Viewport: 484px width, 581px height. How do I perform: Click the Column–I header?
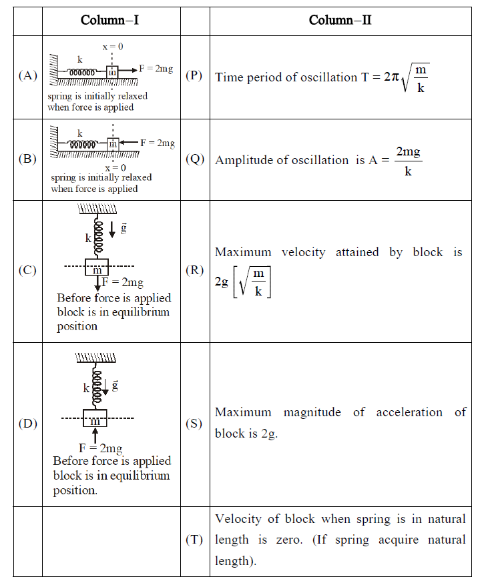tap(110, 20)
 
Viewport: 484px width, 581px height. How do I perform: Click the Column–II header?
tap(340, 20)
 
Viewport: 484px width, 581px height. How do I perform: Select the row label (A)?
tap(27, 75)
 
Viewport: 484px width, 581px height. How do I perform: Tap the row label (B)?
tap(27, 159)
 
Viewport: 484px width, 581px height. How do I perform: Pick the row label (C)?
tap(27, 270)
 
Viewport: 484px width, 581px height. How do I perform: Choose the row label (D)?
tap(27, 424)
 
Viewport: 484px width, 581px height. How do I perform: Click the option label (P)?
tap(194, 75)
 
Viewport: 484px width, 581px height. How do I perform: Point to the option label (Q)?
tap(194, 159)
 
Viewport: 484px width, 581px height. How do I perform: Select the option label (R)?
tap(194, 270)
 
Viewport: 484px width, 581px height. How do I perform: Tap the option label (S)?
tap(194, 424)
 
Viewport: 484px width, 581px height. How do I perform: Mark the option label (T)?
tap(194, 540)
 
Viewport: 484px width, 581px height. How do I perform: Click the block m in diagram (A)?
tap(111, 72)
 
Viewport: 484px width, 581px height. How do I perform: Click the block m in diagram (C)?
tap(97, 268)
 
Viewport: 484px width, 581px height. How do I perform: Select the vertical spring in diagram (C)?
tap(98, 237)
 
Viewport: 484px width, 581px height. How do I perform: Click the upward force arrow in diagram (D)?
tap(95, 435)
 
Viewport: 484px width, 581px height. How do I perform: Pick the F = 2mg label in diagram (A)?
tap(156, 69)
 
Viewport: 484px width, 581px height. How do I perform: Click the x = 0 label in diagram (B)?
tap(114, 167)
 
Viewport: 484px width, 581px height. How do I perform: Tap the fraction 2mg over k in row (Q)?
tap(408, 161)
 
